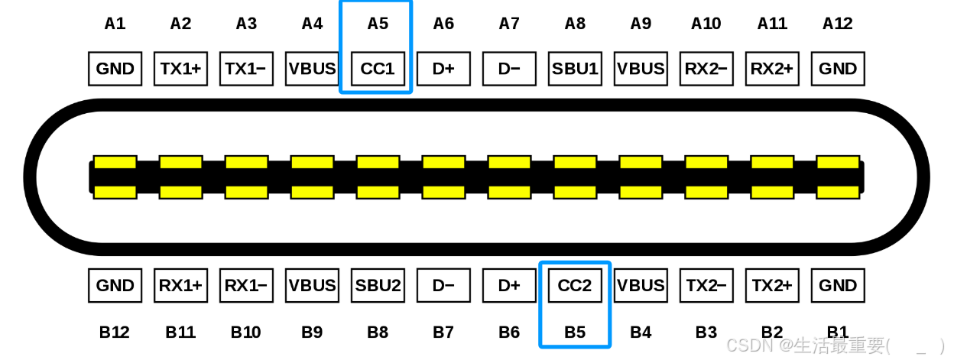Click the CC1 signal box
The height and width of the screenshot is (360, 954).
(378, 69)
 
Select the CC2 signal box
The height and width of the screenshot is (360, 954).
(575, 286)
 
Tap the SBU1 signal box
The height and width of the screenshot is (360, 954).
(575, 69)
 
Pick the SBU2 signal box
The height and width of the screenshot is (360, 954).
(378, 286)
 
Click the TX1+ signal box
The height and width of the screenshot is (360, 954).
(180, 69)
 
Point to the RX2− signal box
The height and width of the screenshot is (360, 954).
(706, 69)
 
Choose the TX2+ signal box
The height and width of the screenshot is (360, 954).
(772, 286)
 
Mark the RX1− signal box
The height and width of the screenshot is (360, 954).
(246, 286)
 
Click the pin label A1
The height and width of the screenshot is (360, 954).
(115, 24)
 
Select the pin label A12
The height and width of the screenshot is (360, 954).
(838, 24)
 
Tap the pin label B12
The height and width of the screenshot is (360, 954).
(115, 332)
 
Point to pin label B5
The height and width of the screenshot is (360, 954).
(575, 332)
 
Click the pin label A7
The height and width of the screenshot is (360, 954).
(509, 24)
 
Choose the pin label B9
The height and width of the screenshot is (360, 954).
(312, 332)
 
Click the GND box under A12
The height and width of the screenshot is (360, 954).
(838, 69)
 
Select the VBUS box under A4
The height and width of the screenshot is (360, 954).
(312, 69)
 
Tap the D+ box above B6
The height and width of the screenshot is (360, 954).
(509, 286)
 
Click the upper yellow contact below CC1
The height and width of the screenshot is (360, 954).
(378, 162)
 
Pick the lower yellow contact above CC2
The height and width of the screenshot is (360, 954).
(575, 192)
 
